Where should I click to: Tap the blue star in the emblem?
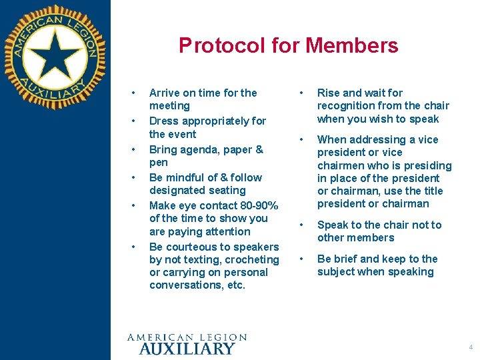point(55,57)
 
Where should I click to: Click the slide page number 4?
point(471,347)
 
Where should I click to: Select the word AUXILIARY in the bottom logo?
point(187,348)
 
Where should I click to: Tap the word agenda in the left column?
point(196,149)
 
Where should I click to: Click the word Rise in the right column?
point(329,93)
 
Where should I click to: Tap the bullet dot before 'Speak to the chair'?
point(302,225)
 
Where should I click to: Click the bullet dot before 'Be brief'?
point(302,259)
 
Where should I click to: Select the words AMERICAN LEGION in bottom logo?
point(187,337)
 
